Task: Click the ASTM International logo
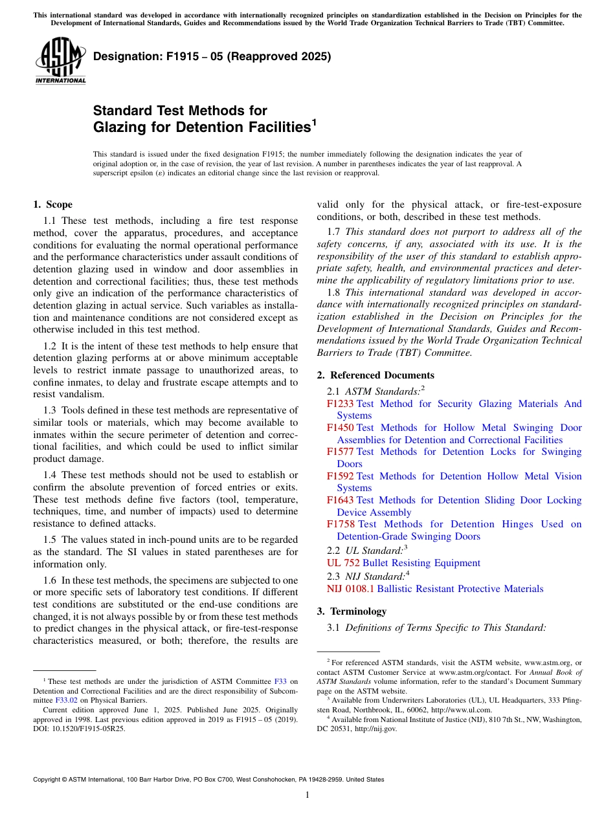pyautogui.click(x=60, y=61)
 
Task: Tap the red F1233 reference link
pyautogui.click(x=340, y=404)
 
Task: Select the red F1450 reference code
pyautogui.click(x=340, y=428)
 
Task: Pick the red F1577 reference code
pyautogui.click(x=340, y=452)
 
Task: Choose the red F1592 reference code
pyautogui.click(x=340, y=476)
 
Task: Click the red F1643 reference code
pyautogui.click(x=340, y=500)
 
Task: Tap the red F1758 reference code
pyautogui.click(x=341, y=524)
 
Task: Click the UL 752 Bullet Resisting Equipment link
pyautogui.click(x=403, y=563)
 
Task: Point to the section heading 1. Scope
pyautogui.click(x=52, y=204)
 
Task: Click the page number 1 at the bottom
pyautogui.click(x=307, y=795)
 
